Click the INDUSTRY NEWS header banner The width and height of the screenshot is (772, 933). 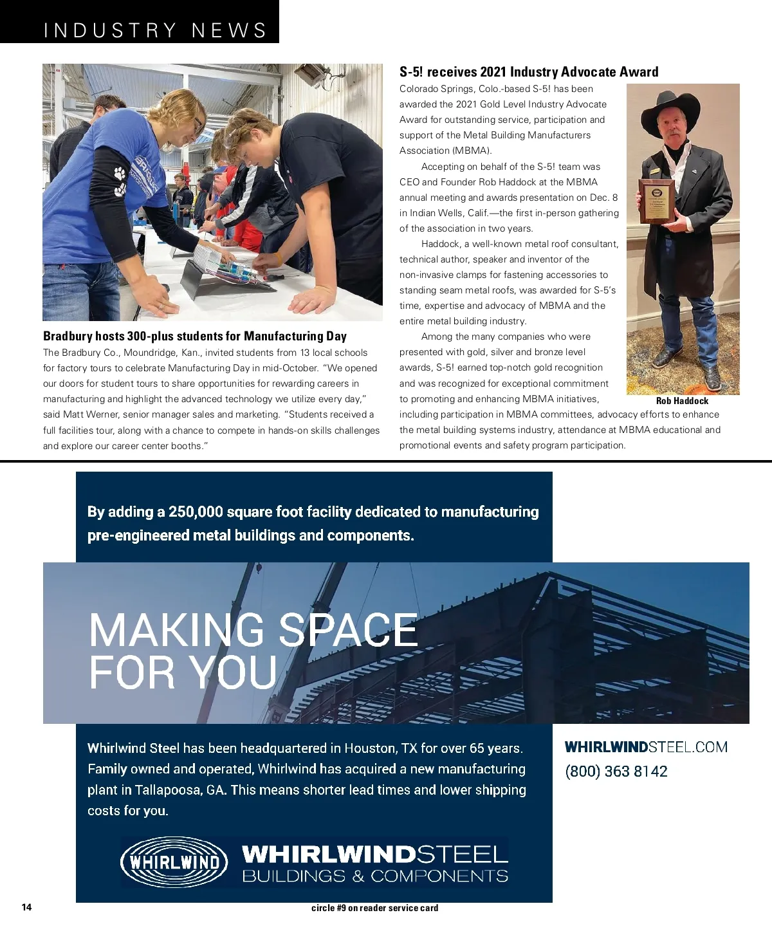point(154,30)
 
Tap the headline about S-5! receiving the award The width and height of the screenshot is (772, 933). point(529,71)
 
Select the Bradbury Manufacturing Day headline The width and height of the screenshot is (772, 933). point(194,336)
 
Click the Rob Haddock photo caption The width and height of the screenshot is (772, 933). point(682,400)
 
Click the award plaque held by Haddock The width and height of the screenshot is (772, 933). point(657,201)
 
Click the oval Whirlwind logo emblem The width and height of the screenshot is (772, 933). point(174,862)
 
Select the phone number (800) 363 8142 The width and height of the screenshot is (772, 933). point(616,771)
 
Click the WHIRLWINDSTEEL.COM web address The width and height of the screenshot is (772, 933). point(646,747)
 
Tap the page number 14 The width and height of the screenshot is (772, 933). point(26,907)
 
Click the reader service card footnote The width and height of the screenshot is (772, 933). point(374,908)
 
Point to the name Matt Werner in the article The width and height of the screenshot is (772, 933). point(89,414)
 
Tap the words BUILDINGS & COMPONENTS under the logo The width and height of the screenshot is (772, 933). point(375,876)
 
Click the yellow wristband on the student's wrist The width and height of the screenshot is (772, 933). point(278,257)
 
